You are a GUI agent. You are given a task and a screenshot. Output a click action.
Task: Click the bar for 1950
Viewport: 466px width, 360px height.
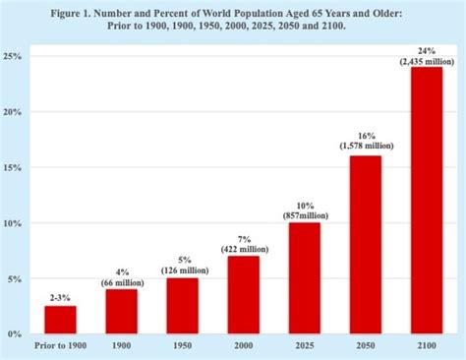coord(182,306)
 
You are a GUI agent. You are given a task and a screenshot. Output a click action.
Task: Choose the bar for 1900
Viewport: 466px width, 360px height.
coord(122,312)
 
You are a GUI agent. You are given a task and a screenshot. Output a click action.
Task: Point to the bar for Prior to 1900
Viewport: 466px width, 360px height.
coord(61,320)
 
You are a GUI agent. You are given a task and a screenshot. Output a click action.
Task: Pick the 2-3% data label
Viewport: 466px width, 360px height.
coord(61,296)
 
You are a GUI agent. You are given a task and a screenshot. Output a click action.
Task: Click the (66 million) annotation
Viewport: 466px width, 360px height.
coord(122,281)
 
